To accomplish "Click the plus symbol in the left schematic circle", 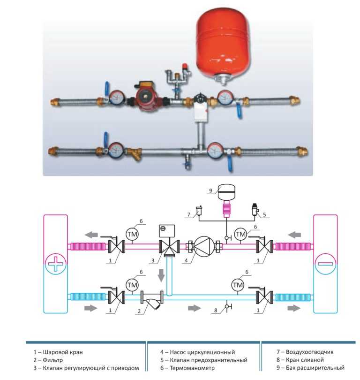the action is tap(55, 264).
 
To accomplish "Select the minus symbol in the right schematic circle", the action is tap(325, 264).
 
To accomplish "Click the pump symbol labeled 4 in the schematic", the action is tap(204, 246).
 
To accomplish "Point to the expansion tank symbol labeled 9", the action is tap(226, 192).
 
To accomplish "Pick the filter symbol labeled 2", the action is tap(152, 300).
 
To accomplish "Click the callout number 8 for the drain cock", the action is tap(216, 310).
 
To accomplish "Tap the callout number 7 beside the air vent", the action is tap(188, 214).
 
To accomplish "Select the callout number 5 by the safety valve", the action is tap(264, 214).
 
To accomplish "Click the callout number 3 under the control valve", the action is tap(153, 261).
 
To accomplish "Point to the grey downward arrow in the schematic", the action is tap(161, 274).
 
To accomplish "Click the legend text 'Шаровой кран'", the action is tap(62, 352).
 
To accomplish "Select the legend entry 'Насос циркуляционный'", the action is tap(202, 352).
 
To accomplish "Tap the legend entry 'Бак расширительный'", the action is tap(315, 368).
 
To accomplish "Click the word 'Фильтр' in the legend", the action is tap(52, 360).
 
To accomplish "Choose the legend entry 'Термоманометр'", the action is tap(192, 368).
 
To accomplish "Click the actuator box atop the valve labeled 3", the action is tap(167, 231).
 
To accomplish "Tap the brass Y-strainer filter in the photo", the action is tap(135, 152).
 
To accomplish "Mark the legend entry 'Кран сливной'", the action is tap(305, 360).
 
